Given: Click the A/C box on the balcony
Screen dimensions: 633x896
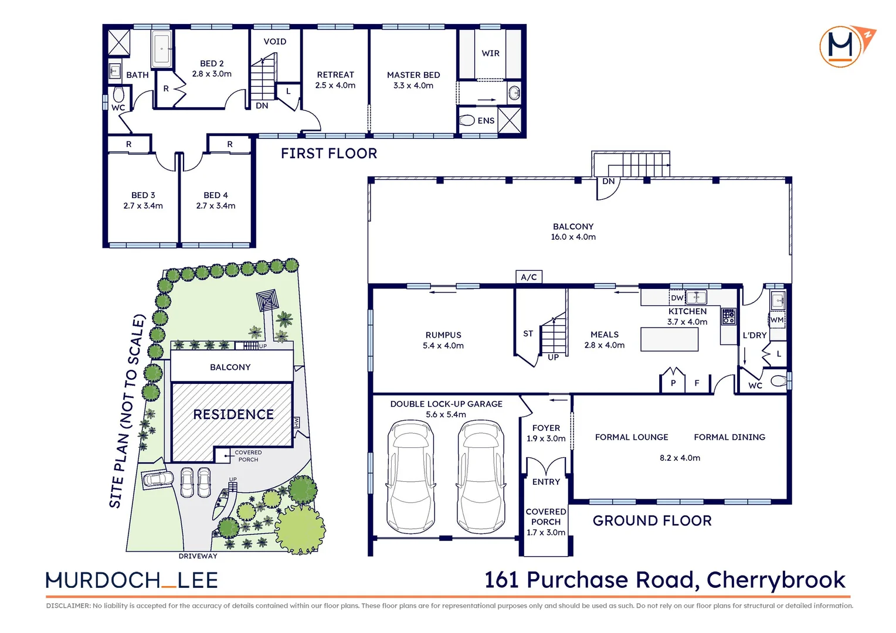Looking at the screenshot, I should [x=528, y=277].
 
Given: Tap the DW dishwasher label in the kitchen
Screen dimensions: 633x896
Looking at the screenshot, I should [x=677, y=298].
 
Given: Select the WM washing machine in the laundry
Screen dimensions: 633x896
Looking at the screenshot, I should [x=777, y=320].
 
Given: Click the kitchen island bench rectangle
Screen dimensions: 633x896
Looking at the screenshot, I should [x=669, y=339].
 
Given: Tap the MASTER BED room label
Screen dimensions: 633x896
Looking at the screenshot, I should [x=413, y=75].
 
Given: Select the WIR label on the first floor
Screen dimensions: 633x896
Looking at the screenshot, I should [x=490, y=53].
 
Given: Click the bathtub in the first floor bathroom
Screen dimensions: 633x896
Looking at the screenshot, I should [x=161, y=49].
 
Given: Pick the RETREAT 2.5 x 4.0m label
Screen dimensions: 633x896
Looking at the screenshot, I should [x=335, y=80].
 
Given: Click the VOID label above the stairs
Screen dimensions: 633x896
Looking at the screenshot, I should [x=274, y=42].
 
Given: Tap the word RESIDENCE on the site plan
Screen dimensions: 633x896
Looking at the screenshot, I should [x=233, y=414].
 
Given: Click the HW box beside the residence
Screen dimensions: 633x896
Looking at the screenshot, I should [x=296, y=422].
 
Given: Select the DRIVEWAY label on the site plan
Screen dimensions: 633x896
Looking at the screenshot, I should [x=198, y=556].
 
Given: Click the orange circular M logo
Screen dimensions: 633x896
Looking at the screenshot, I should [x=841, y=46].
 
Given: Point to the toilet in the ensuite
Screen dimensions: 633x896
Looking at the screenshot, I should [x=467, y=120].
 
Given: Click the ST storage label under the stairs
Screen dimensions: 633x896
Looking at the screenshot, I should [x=528, y=333].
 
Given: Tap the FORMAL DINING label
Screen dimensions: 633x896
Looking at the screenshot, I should [x=729, y=437].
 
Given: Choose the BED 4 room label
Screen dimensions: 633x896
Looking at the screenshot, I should [x=216, y=195].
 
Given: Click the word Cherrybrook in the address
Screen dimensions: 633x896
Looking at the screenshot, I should [x=775, y=580].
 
